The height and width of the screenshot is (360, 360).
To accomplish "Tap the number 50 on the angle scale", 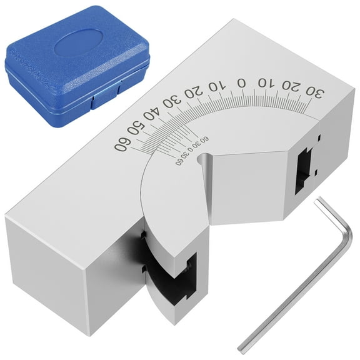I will (134, 132).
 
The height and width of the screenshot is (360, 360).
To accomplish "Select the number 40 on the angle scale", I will (151, 116).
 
